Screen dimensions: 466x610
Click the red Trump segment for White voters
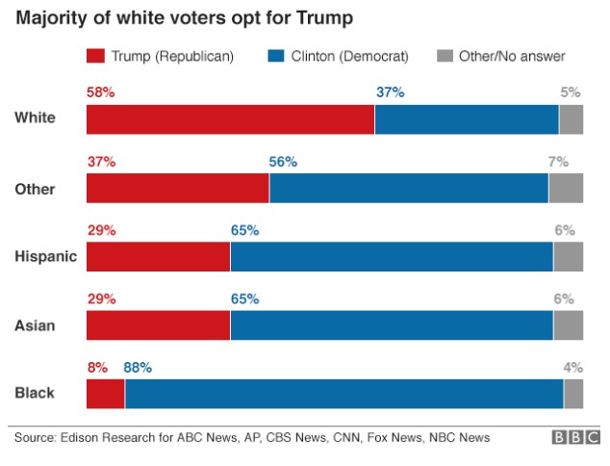click(230, 119)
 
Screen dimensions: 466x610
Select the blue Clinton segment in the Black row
click(343, 394)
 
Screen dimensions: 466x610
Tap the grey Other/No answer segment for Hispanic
click(568, 257)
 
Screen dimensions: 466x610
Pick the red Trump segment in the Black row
click(106, 394)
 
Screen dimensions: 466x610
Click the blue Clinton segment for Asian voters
click(391, 325)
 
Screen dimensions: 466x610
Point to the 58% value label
click(101, 92)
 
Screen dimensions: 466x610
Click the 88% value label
click(138, 367)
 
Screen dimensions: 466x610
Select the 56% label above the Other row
click(283, 162)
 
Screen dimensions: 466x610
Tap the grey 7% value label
click(558, 162)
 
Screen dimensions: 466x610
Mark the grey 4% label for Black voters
click(572, 367)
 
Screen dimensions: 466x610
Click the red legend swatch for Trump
click(97, 57)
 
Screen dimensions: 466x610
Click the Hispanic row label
click(45, 257)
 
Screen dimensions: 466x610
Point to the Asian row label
click(35, 325)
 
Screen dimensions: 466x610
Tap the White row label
click(35, 119)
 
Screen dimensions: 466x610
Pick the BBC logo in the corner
click(573, 438)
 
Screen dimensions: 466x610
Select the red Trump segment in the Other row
click(177, 189)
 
